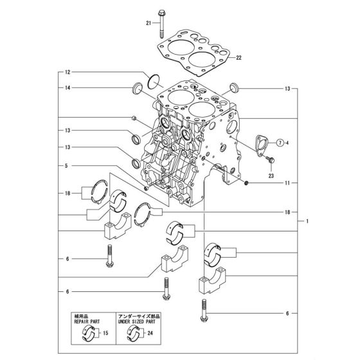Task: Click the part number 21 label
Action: pyautogui.click(x=148, y=24)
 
